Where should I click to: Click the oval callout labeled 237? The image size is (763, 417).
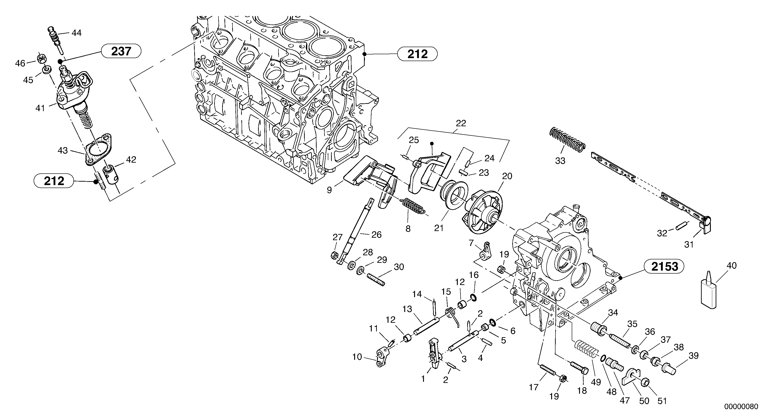tap(121, 51)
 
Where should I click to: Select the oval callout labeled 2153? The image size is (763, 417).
tap(665, 266)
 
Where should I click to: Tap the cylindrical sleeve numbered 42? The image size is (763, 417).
tap(111, 175)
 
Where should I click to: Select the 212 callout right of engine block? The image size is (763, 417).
tap(417, 54)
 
